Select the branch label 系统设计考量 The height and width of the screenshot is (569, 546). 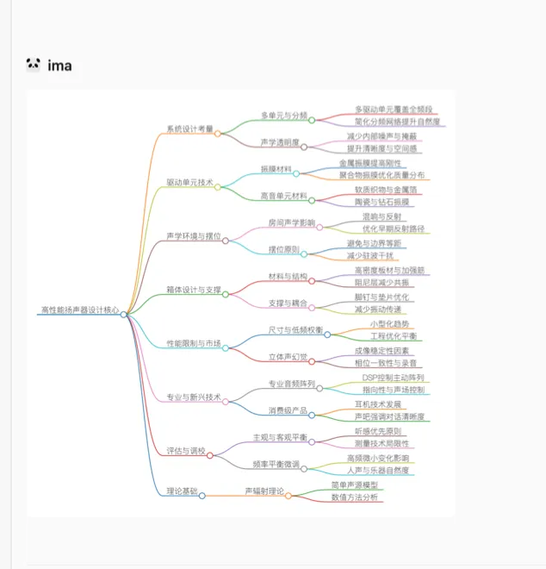(x=189, y=128)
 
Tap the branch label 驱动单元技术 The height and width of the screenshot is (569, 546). (x=189, y=183)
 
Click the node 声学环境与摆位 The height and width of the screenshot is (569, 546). (x=193, y=235)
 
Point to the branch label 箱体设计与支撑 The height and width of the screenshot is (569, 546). (x=194, y=290)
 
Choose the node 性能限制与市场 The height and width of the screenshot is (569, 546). (x=193, y=343)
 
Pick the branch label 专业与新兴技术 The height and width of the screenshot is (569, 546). (x=194, y=397)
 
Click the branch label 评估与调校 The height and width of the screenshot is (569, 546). (x=186, y=451)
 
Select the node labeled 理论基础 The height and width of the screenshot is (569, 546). (x=182, y=491)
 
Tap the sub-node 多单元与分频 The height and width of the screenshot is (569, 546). (x=284, y=115)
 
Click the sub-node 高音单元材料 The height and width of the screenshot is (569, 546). (x=283, y=196)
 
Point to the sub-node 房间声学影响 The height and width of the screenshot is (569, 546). (x=291, y=222)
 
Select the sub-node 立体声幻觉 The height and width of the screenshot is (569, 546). (x=288, y=357)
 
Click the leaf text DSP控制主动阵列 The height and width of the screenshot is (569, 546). (x=392, y=378)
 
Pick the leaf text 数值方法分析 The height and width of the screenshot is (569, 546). (x=354, y=497)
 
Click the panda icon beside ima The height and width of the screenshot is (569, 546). (x=34, y=65)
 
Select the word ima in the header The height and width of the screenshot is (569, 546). (x=59, y=65)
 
